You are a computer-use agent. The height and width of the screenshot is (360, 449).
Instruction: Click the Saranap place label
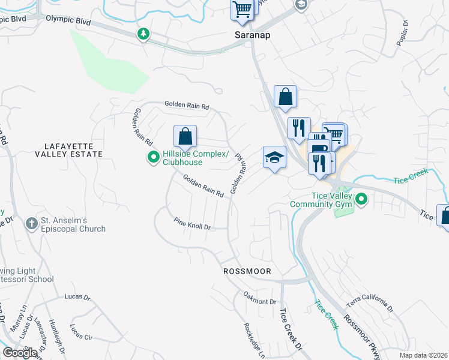tap(252, 35)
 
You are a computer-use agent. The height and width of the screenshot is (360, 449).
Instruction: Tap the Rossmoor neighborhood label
tap(247, 271)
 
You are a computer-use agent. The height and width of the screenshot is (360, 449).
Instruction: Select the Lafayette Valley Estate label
tap(73, 150)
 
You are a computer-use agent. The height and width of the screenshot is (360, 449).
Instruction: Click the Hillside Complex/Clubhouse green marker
tap(153, 158)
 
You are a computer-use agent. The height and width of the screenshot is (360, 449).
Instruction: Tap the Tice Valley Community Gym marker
tap(361, 199)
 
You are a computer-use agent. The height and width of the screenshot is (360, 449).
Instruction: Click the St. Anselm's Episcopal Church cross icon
tap(31, 224)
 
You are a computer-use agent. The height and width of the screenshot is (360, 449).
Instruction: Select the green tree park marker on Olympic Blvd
tap(143, 34)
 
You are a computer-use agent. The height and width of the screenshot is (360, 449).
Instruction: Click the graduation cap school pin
tap(274, 158)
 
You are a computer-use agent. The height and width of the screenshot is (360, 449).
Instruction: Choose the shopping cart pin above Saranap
tap(242, 10)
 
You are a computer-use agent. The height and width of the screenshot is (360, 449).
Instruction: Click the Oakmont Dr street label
tap(259, 298)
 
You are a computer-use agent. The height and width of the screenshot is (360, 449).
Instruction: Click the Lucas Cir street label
tap(81, 333)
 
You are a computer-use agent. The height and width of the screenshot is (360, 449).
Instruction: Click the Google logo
tap(20, 353)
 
